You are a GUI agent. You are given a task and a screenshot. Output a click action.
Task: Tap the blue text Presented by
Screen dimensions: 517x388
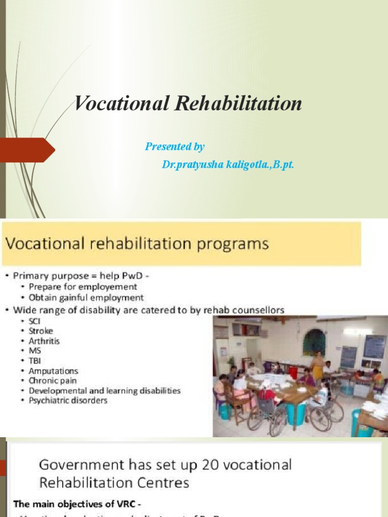[175, 147]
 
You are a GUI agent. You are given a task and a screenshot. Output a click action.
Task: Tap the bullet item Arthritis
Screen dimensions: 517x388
[44, 341]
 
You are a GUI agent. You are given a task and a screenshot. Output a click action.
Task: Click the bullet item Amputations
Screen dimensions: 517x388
[54, 371]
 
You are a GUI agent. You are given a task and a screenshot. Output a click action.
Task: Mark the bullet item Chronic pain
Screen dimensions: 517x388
[53, 381]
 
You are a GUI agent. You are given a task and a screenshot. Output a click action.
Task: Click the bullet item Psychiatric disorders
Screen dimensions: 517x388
[68, 400]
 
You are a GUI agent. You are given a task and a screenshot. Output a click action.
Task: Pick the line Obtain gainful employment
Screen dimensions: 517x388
[86, 298]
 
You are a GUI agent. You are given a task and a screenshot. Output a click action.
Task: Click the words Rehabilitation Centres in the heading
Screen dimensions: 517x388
[114, 483]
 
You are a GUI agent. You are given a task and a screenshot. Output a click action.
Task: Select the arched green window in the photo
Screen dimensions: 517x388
[314, 342]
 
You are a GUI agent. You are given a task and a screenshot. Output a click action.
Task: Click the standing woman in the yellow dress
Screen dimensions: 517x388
[317, 366]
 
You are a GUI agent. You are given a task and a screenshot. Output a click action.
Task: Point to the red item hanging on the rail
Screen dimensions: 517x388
[293, 372]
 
